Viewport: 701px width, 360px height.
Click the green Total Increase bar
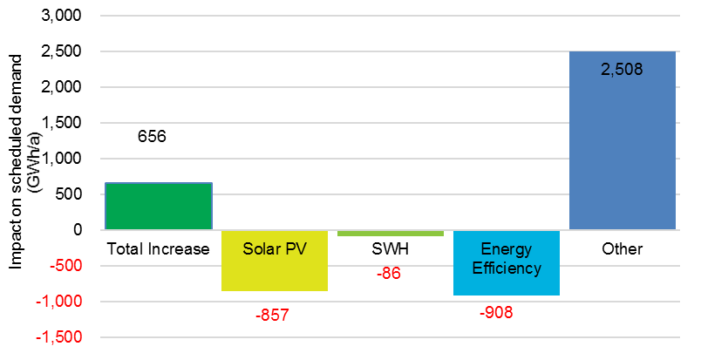[158, 207]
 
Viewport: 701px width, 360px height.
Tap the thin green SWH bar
[390, 233]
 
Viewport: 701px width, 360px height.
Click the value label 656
[152, 137]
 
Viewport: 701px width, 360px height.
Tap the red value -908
[496, 312]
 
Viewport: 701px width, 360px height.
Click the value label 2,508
[622, 69]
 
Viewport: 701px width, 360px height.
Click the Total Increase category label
[158, 249]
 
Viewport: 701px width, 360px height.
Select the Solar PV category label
[274, 249]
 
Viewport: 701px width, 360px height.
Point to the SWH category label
[390, 249]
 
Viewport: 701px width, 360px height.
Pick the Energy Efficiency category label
[506, 259]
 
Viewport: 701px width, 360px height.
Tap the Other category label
[622, 249]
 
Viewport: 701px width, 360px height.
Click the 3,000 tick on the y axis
[61, 17]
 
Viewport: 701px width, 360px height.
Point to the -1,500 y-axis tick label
[58, 337]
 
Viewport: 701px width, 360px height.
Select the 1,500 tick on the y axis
[61, 124]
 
